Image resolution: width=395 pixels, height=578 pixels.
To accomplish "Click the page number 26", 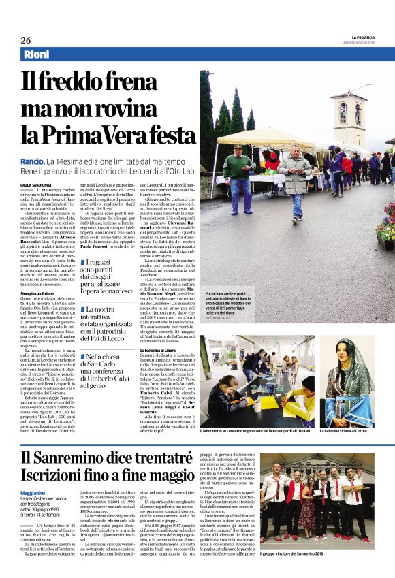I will pyautogui.click(x=25, y=39).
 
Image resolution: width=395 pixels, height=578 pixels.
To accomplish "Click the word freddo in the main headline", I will pyautogui.click(x=80, y=82).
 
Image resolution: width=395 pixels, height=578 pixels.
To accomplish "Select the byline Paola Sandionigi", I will pyautogui.click(x=39, y=185).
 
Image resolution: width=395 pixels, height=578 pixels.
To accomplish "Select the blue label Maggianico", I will pyautogui.click(x=34, y=492).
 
